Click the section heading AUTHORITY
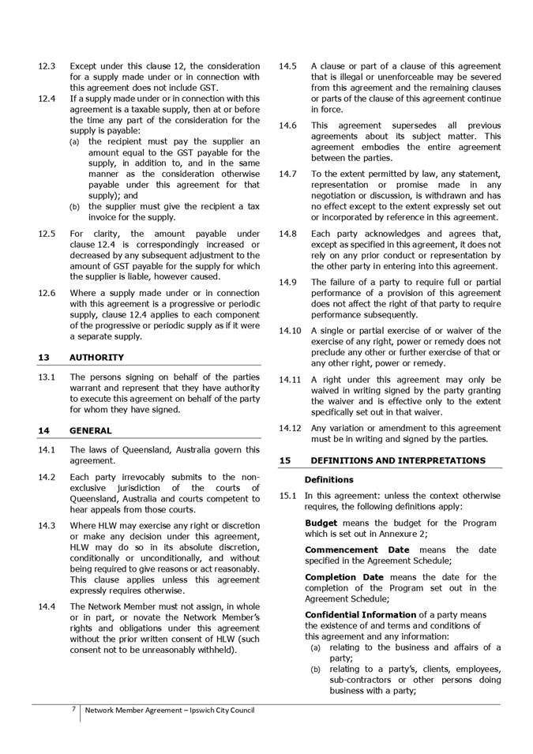pyautogui.click(x=96, y=358)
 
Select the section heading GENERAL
pyautogui.click(x=91, y=431)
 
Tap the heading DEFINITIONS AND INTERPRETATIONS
pyautogui.click(x=398, y=460)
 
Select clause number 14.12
pyautogui.click(x=291, y=428)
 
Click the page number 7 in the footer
pyautogui.click(x=73, y=710)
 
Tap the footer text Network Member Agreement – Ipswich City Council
pyautogui.click(x=170, y=711)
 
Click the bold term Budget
pyautogui.click(x=321, y=523)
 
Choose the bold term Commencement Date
pyautogui.click(x=357, y=550)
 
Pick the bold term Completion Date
pyautogui.click(x=344, y=577)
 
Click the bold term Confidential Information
pyautogui.click(x=360, y=615)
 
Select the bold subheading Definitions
pyautogui.click(x=328, y=480)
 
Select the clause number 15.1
pyautogui.click(x=288, y=496)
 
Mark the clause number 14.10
pyautogui.click(x=291, y=331)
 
